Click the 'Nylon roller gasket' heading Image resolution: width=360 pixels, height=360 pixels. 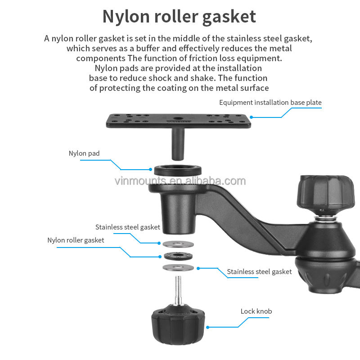point(179,16)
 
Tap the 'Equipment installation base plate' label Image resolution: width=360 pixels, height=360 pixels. point(270,103)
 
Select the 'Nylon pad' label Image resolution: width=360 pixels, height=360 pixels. point(84,153)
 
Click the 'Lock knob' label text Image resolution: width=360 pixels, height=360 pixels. point(256,311)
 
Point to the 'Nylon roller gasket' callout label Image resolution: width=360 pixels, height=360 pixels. point(76,240)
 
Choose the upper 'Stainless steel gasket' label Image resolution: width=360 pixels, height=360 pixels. point(128,227)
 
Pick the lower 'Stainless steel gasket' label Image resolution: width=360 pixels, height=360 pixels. point(259,271)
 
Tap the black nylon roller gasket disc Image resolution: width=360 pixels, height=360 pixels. point(177,256)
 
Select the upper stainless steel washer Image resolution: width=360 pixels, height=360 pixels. point(177,244)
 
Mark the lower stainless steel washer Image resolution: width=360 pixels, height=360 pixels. point(178,268)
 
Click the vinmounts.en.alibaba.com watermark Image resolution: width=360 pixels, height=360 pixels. point(180,181)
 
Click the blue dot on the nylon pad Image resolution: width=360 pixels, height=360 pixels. point(151,170)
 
